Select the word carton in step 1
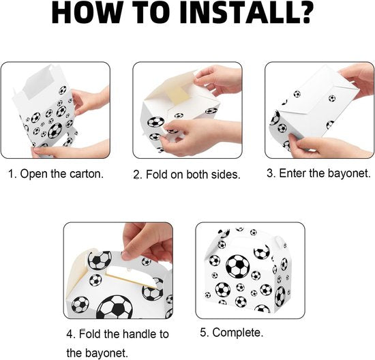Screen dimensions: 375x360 coord(87,174)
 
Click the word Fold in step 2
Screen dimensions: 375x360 coord(157,175)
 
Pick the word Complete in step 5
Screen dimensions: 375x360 coord(237,333)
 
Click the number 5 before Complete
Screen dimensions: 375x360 coord(203,333)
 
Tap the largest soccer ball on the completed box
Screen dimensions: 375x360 coord(237,266)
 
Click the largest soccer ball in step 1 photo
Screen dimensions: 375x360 coord(55,131)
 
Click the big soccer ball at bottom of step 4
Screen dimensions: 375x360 coord(115,307)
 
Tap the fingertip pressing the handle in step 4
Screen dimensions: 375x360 coord(128,256)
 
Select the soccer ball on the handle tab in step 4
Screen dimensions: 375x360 coord(100,260)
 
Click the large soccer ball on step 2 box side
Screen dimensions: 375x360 coord(155,122)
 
